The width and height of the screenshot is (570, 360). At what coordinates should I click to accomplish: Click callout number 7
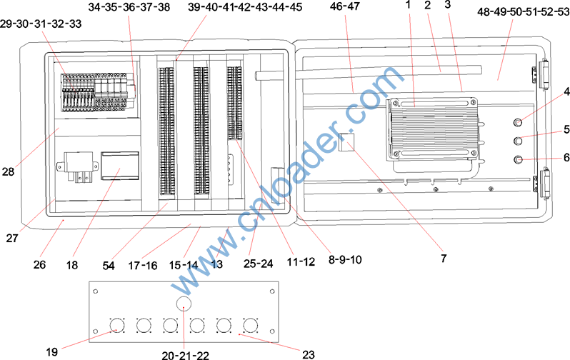(x=443, y=258)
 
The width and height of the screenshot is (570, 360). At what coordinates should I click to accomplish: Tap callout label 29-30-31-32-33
(x=41, y=24)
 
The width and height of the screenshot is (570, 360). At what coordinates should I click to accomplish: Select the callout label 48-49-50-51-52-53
(x=524, y=11)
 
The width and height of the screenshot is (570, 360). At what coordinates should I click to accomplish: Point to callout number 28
(x=8, y=171)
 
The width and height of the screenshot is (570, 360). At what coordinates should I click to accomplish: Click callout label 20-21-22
(x=186, y=354)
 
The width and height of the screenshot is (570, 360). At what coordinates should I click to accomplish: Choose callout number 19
(x=52, y=351)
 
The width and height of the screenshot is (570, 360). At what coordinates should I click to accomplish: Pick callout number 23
(x=309, y=354)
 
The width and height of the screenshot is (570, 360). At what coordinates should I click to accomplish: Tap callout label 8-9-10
(x=345, y=259)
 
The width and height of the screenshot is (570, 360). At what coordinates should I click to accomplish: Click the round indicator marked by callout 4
(x=519, y=123)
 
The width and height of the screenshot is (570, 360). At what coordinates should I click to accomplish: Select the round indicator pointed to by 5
(x=519, y=141)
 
